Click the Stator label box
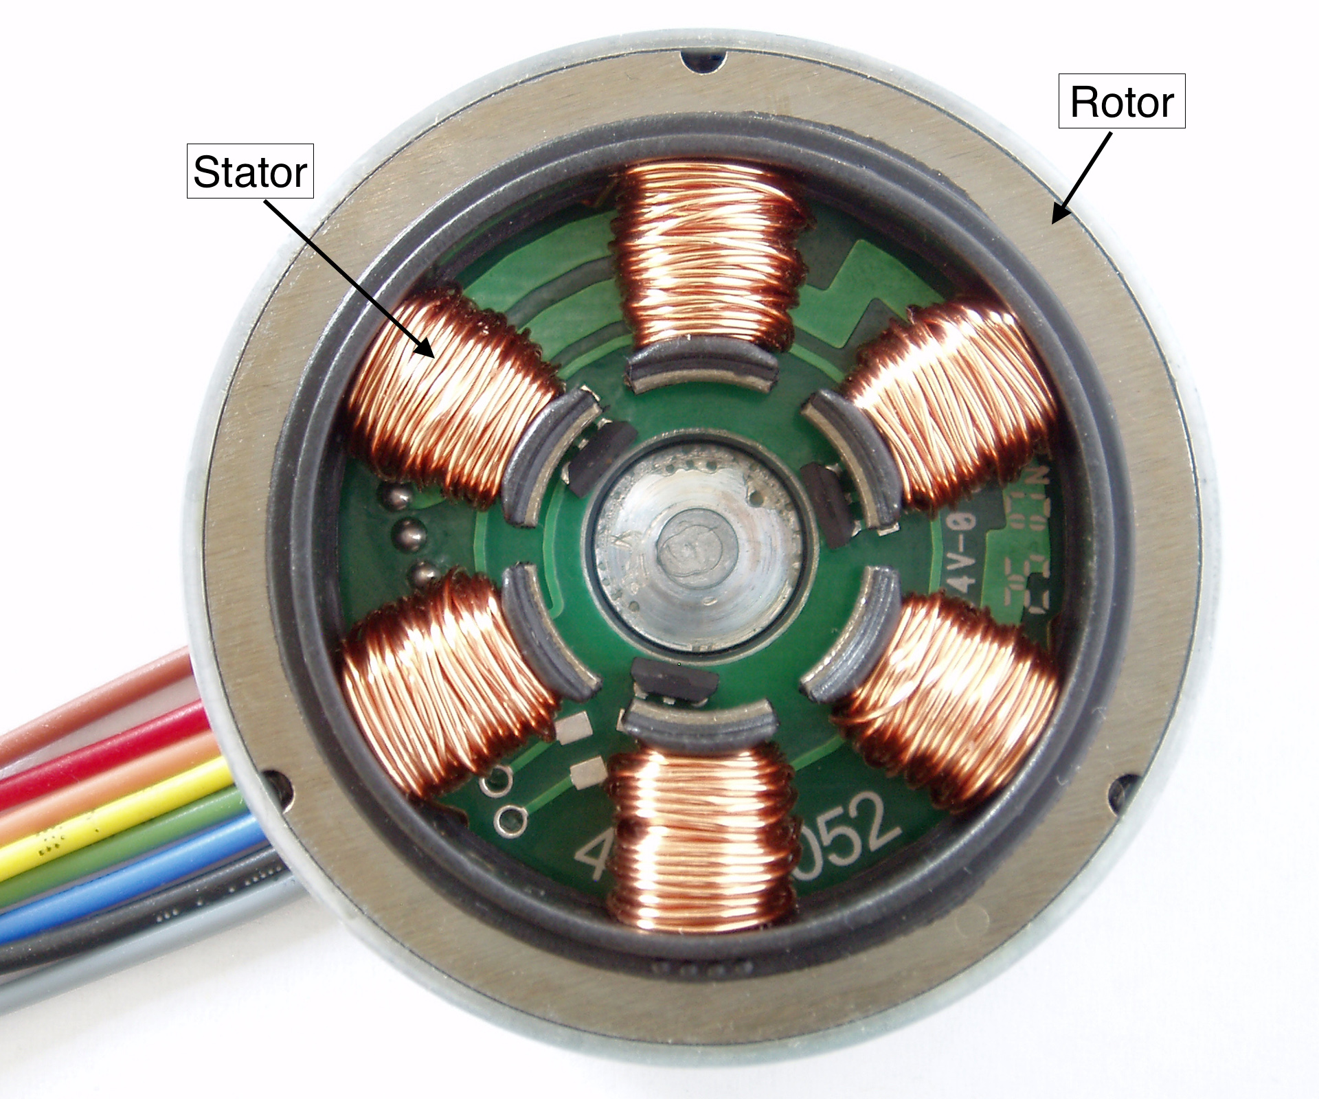(250, 172)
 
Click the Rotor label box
(1121, 102)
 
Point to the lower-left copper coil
(447, 687)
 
